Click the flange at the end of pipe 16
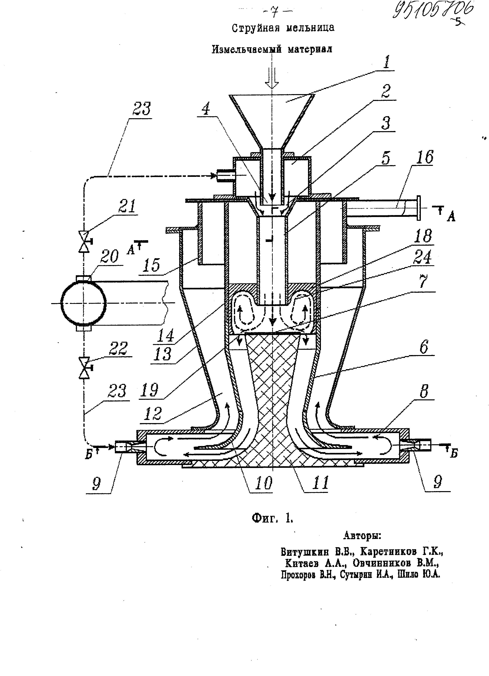[x=418, y=208]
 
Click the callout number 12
[x=152, y=414]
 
